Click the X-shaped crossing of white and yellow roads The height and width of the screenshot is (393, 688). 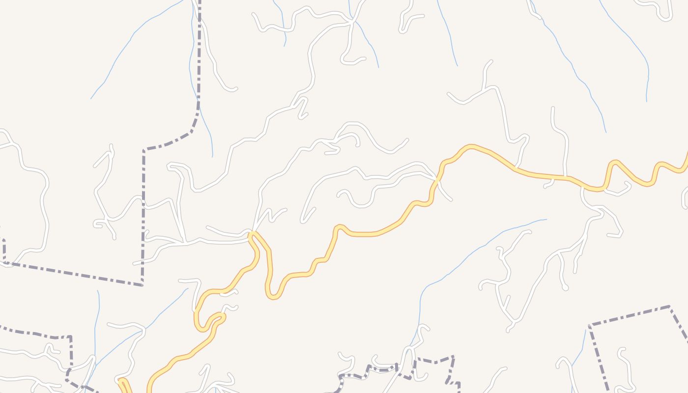pos(436,181)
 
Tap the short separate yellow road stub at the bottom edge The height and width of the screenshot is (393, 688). pos(124,386)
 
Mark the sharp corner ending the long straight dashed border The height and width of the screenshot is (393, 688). pos(142,284)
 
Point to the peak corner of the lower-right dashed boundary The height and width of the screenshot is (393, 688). pos(669,307)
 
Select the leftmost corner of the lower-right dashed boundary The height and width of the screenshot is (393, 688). pos(589,325)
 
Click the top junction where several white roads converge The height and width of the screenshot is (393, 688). pos(352,20)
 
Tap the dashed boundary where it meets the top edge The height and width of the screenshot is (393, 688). pos(200,2)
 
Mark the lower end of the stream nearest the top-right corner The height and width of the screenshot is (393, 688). pos(646,101)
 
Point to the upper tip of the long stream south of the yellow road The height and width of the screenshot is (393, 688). pos(546,220)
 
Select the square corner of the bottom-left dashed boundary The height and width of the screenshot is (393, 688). pos(70,337)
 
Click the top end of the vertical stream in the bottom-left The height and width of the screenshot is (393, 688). pos(98,291)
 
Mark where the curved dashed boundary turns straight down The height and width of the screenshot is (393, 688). pos(144,150)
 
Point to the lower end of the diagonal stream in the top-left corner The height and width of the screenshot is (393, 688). pos(91,99)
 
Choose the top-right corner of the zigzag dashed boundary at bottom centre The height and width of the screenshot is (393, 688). pos(453,357)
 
